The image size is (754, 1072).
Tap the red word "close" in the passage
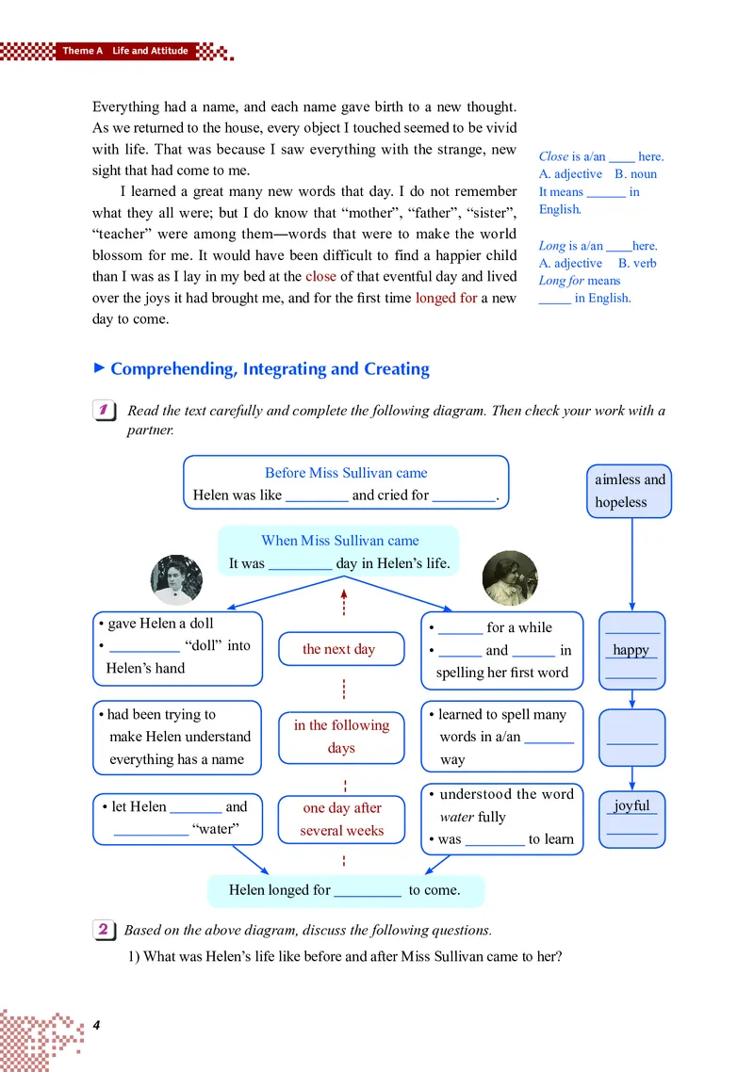(x=320, y=276)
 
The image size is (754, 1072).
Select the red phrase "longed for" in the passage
(x=446, y=298)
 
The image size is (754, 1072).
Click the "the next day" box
(x=339, y=649)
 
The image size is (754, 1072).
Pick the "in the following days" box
(x=341, y=736)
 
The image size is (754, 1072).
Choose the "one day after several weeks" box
(x=341, y=819)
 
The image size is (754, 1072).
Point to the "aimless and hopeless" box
(x=630, y=490)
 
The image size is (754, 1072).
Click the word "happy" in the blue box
(x=631, y=650)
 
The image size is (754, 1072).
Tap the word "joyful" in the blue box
(x=631, y=805)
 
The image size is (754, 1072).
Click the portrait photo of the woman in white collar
(x=177, y=579)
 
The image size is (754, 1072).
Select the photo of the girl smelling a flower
(x=510, y=577)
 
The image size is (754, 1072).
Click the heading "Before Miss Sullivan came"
(x=346, y=473)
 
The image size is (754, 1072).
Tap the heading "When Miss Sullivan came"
(x=339, y=541)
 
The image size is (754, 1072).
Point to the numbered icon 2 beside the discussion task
(x=105, y=930)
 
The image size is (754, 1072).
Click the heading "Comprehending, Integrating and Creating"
(x=270, y=369)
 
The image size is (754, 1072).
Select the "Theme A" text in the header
(x=83, y=51)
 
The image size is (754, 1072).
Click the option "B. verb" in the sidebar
(x=637, y=263)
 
